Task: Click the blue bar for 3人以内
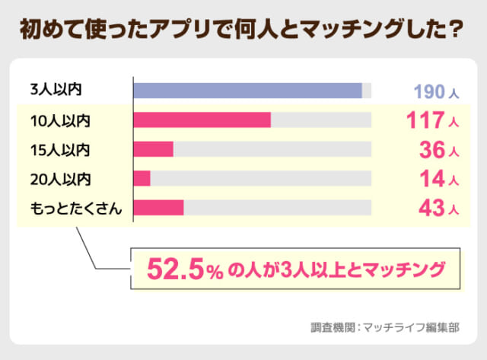click(247, 91)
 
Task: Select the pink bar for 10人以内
click(202, 119)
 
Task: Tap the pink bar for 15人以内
click(153, 149)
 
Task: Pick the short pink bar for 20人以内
click(142, 178)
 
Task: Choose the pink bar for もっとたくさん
click(158, 208)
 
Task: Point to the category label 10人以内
click(59, 119)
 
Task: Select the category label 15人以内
click(59, 149)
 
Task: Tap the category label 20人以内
click(59, 178)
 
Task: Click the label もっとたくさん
click(75, 208)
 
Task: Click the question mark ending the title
click(458, 29)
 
